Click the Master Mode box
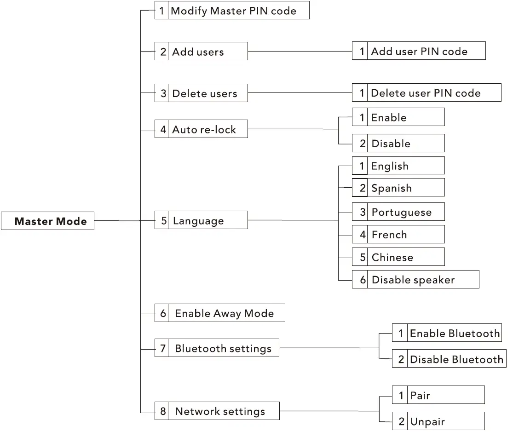pyautogui.click(x=48, y=221)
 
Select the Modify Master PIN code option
pyautogui.click(x=232, y=11)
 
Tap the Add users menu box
pyautogui.click(x=201, y=52)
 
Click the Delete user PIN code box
pyautogui.click(x=426, y=93)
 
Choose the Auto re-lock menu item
pyautogui.click(x=201, y=130)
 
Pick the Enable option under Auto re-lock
pyautogui.click(x=398, y=117)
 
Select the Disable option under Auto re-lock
pyautogui.click(x=398, y=144)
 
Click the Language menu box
pyautogui.click(x=201, y=220)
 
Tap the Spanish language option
pyautogui.click(x=398, y=188)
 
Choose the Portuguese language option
pyautogui.click(x=398, y=212)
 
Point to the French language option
pyautogui.click(x=398, y=235)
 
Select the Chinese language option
pyautogui.click(x=398, y=257)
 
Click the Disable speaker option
pyautogui.click(x=415, y=280)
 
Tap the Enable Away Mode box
pyautogui.click(x=219, y=313)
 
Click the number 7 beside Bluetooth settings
pyautogui.click(x=163, y=348)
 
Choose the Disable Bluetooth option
pyautogui.click(x=449, y=359)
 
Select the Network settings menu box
pyautogui.click(x=217, y=411)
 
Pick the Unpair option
pyautogui.click(x=438, y=421)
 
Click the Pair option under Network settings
pyautogui.click(x=438, y=395)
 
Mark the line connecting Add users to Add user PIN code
pyautogui.click(x=300, y=52)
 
